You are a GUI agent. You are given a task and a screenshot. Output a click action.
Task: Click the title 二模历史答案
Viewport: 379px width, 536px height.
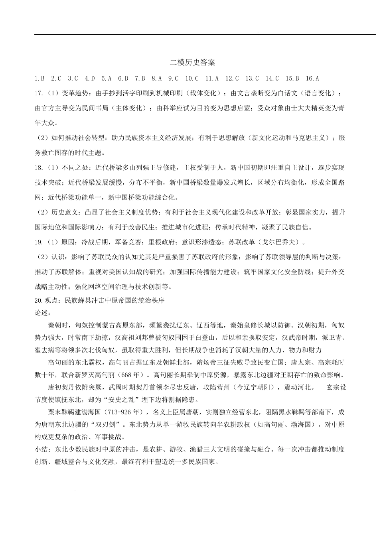tap(192, 63)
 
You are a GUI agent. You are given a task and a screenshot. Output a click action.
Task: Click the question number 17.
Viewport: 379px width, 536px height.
tap(39, 93)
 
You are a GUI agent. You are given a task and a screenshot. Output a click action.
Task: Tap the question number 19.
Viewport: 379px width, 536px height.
tap(39, 242)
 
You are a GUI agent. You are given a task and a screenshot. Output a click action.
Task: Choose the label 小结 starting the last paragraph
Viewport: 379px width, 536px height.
tap(41, 449)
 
